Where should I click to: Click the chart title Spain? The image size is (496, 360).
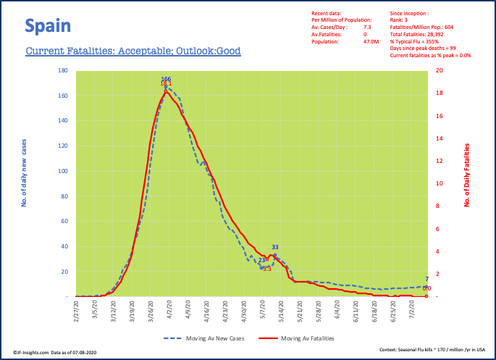coord(48,27)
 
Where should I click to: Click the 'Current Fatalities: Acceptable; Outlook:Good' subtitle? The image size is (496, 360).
coord(133,51)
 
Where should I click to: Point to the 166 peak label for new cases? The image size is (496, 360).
coord(166,78)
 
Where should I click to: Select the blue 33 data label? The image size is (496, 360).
coord(275,248)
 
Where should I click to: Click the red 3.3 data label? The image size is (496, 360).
coord(266,269)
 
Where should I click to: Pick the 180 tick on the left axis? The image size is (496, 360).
coord(63,71)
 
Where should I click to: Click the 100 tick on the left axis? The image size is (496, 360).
coord(63,171)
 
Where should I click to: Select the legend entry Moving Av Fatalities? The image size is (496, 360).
coord(307,338)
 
